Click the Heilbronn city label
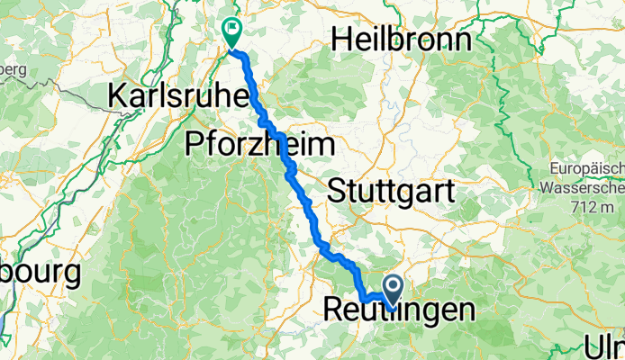point(402,39)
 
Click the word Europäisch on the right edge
point(586,169)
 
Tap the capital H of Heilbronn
point(341,39)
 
